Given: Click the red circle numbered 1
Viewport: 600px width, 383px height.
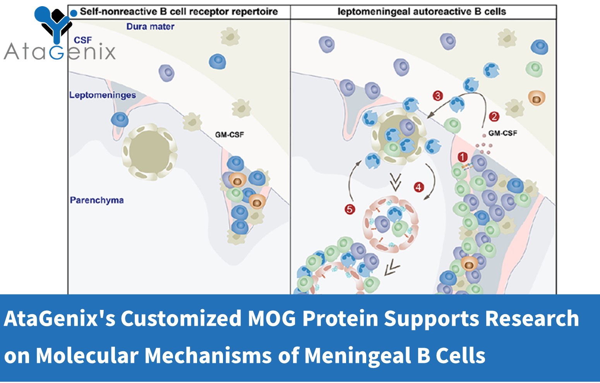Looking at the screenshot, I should pyautogui.click(x=463, y=157).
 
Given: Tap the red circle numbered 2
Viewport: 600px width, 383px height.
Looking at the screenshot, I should pyautogui.click(x=494, y=116).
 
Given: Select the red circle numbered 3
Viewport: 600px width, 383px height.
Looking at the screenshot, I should pyautogui.click(x=438, y=96).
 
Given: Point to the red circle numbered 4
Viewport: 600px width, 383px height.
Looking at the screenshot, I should pyautogui.click(x=419, y=187).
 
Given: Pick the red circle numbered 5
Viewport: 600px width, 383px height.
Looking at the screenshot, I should pyautogui.click(x=350, y=209).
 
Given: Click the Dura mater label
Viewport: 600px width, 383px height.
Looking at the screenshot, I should pyautogui.click(x=150, y=27).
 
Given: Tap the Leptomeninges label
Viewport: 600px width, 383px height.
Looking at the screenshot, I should pyautogui.click(x=103, y=95).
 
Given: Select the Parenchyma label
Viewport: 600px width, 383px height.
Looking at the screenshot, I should pyautogui.click(x=97, y=200).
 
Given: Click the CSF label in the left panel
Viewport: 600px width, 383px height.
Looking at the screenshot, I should pyautogui.click(x=83, y=40).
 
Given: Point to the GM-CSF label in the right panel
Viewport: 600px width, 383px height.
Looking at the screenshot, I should pyautogui.click(x=502, y=133).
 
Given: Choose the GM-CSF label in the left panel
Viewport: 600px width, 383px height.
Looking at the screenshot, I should pyautogui.click(x=230, y=135).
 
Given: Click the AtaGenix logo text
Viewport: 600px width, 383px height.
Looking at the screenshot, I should pyautogui.click(x=60, y=52).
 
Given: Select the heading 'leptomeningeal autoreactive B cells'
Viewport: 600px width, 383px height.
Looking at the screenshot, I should pyautogui.click(x=422, y=12).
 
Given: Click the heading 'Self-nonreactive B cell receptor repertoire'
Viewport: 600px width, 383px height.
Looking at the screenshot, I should pyautogui.click(x=179, y=12).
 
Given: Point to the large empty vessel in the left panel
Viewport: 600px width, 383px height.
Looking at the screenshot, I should pyautogui.click(x=149, y=152).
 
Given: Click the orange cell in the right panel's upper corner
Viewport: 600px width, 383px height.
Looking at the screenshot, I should pyautogui.click(x=537, y=98).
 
